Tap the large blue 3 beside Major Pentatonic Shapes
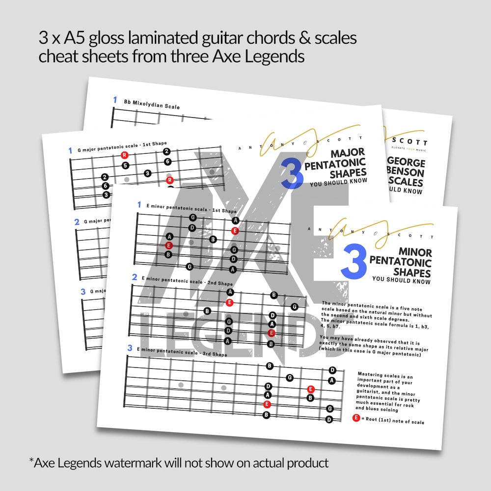(x=292, y=173)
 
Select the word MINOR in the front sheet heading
(x=415, y=253)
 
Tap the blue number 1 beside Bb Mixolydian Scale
(x=115, y=100)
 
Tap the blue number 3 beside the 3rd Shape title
(x=130, y=348)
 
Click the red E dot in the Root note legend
(x=356, y=418)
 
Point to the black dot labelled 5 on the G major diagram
(x=126, y=165)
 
